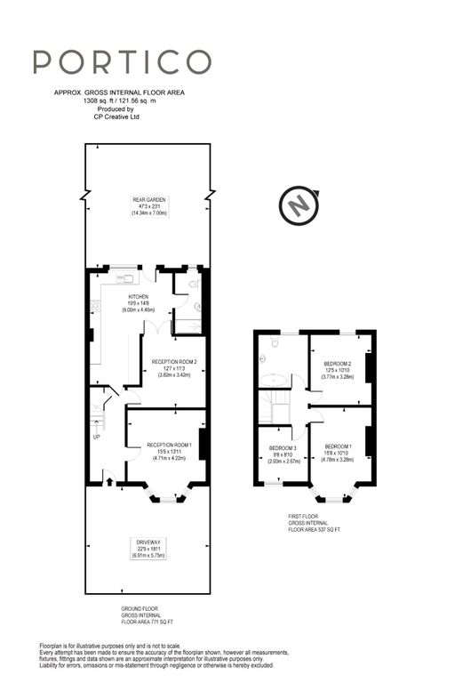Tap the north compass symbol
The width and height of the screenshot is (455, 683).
(x=299, y=207)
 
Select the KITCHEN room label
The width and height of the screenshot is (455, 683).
(x=138, y=297)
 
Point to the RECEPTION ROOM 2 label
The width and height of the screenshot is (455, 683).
(x=174, y=362)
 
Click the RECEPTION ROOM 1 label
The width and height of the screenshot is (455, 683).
(x=169, y=444)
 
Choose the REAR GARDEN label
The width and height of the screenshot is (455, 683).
(x=149, y=200)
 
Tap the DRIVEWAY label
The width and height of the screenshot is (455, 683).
(x=149, y=541)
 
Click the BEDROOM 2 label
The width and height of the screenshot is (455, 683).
(x=337, y=364)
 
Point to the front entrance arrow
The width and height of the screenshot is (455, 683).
(x=108, y=482)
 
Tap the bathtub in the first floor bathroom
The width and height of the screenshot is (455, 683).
(x=272, y=381)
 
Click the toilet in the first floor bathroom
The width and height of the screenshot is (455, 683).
(x=263, y=359)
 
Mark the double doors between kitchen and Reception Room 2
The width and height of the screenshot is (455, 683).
(x=150, y=330)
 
